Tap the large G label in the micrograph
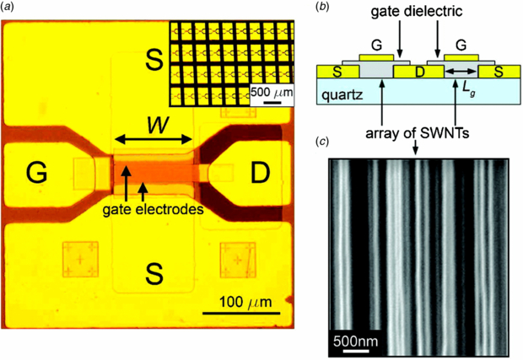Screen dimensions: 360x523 pos(35,174)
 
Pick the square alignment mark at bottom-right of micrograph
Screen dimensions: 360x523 pos(235,259)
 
